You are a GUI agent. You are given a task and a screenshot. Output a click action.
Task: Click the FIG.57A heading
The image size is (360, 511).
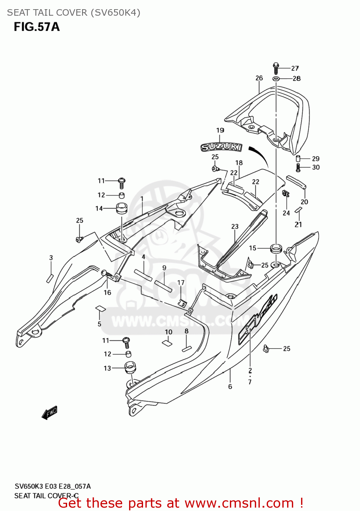pos(37,27)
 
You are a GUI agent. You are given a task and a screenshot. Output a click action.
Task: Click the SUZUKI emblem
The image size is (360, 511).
pos(221,147)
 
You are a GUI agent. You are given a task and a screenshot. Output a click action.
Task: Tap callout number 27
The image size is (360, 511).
pos(295,68)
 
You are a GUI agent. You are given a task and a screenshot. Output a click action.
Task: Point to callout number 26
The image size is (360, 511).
pos(259,78)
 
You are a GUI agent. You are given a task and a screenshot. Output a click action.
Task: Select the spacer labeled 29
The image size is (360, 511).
pos(298,159)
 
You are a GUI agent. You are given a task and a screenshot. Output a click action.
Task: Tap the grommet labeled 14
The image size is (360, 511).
pos(122,208)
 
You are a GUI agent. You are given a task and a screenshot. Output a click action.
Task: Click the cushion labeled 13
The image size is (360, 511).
pos(130,368)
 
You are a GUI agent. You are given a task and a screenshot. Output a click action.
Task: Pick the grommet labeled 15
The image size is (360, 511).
pos(276,248)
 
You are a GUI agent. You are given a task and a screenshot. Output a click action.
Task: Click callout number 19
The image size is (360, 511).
pos(220,130)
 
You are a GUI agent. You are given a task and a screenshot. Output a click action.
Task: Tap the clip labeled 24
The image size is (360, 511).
pos(286,194)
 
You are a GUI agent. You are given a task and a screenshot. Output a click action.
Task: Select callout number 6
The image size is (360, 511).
pos(230,386)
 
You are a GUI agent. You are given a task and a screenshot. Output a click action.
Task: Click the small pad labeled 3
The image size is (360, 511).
pos(50,278)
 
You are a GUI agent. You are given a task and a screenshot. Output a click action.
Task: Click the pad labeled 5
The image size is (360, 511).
pos(100,309)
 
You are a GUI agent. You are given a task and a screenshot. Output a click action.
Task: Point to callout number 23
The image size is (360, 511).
pos(235,227)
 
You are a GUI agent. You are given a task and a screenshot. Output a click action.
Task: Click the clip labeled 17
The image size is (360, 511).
pos(183,302)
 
